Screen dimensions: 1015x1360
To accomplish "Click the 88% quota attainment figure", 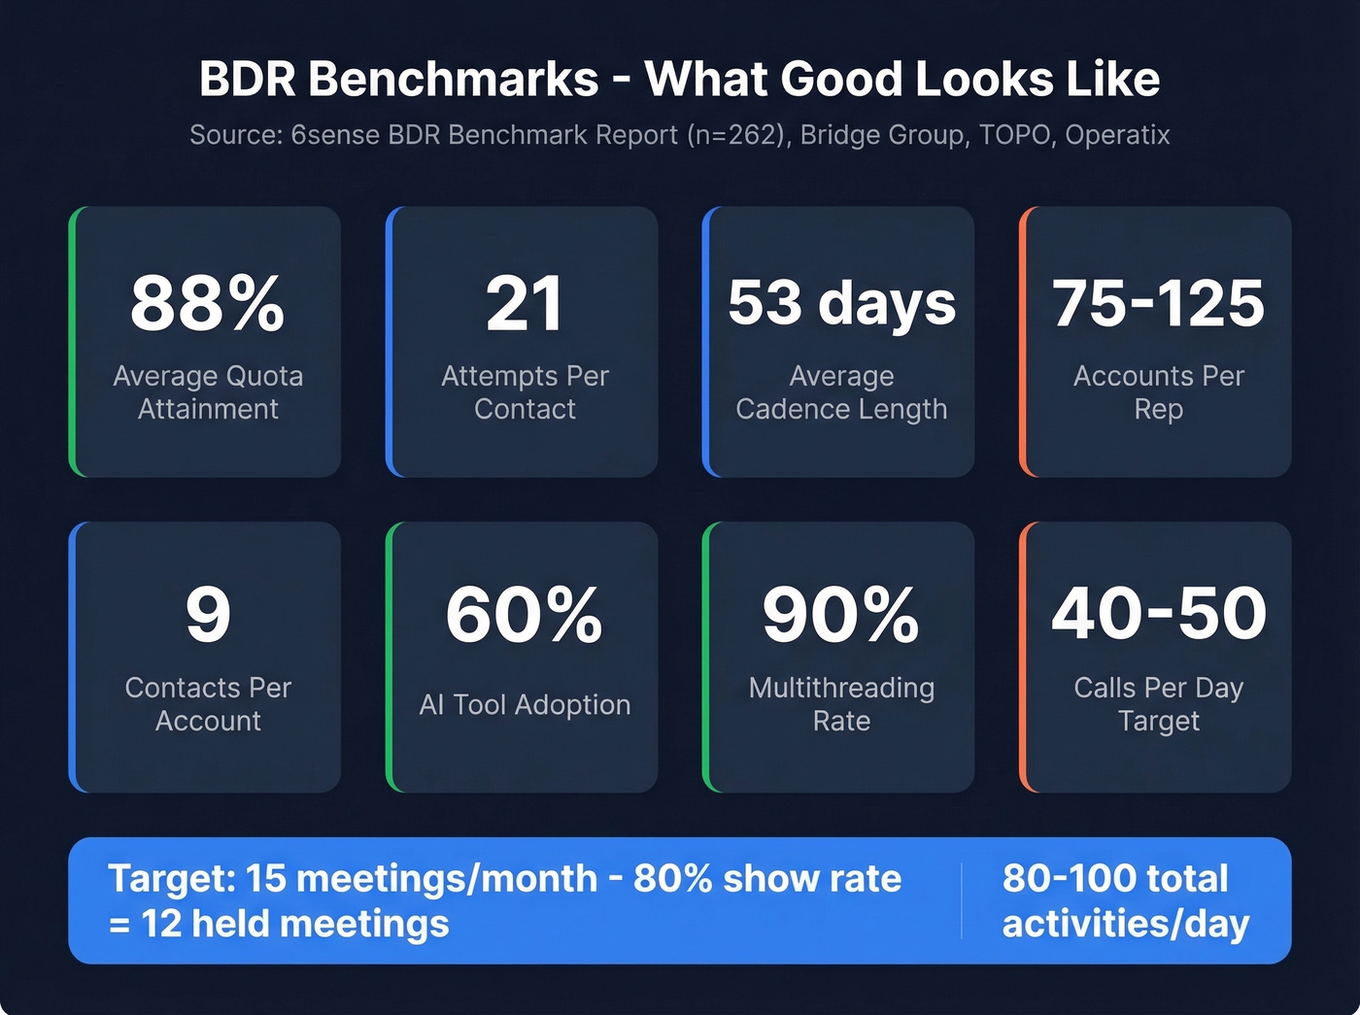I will click(x=207, y=303).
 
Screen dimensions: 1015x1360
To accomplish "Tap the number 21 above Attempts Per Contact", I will click(x=525, y=303).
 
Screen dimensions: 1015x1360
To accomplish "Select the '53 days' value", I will click(x=841, y=303).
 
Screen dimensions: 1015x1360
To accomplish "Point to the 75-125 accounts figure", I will click(x=1158, y=303).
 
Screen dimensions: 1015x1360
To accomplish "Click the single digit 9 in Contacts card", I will click(x=208, y=615).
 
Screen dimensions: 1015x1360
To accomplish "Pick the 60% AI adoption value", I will click(x=525, y=615).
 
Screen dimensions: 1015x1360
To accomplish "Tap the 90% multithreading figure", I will click(x=841, y=615).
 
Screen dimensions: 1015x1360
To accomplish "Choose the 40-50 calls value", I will click(x=1158, y=615).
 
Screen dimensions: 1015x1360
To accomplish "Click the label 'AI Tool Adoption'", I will click(x=525, y=704).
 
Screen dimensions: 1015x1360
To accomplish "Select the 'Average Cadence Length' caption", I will click(x=841, y=392).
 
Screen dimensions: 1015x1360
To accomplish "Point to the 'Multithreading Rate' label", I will click(x=841, y=704).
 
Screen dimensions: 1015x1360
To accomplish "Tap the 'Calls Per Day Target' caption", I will click(x=1158, y=704).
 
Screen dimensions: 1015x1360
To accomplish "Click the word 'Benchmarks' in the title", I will click(x=454, y=80).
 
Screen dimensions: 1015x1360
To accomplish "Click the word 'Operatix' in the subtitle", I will click(x=1117, y=134).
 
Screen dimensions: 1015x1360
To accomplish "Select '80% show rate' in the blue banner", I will click(x=767, y=878).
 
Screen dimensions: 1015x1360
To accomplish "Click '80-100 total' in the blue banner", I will click(x=1115, y=878).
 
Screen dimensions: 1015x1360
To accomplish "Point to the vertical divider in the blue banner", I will click(x=962, y=900).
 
